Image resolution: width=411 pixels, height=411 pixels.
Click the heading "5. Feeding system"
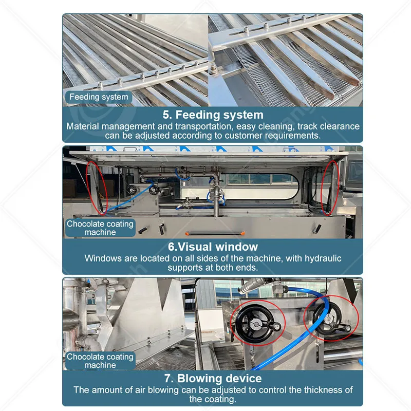point(213,115)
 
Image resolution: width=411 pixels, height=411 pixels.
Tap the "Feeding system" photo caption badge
point(99,97)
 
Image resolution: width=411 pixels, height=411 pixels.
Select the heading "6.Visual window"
point(213,247)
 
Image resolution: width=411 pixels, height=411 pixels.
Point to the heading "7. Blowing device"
point(213,378)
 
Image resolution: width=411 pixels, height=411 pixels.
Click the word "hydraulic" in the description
point(323,258)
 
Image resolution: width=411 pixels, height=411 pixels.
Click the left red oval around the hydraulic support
point(97,188)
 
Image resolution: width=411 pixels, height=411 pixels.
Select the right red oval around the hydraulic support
point(330,188)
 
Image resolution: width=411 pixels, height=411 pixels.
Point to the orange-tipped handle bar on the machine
point(215,233)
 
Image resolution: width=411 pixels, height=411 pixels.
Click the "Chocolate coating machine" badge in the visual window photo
point(100,228)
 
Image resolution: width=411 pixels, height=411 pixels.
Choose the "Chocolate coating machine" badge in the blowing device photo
point(100,361)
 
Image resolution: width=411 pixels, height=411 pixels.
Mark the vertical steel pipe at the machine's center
point(216,199)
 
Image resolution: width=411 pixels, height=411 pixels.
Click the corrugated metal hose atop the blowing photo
point(252,286)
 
